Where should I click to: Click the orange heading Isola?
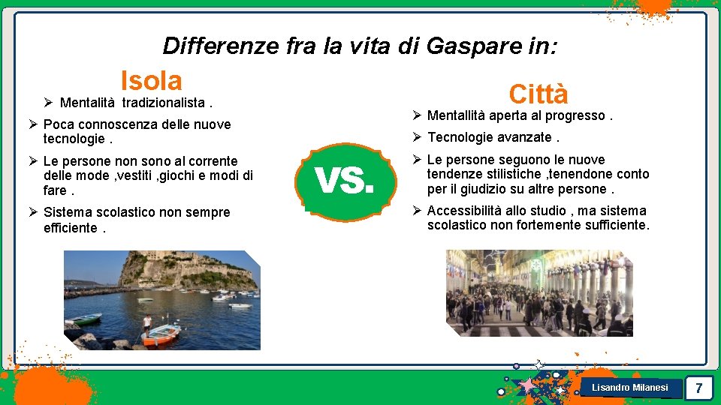[151, 80]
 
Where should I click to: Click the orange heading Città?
[538, 94]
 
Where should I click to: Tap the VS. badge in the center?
[344, 181]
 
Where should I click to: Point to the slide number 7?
[698, 388]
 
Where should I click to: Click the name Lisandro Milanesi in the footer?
[629, 388]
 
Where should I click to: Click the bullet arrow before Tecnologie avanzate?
[417, 137]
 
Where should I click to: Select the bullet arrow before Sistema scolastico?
[33, 213]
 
